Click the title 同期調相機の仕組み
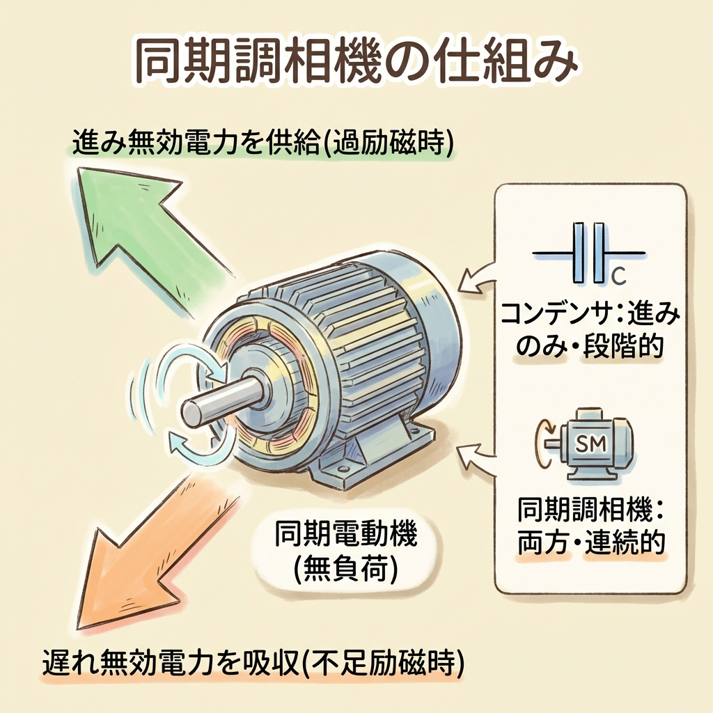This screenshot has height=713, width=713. [355, 66]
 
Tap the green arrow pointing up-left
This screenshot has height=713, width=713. [139, 223]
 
